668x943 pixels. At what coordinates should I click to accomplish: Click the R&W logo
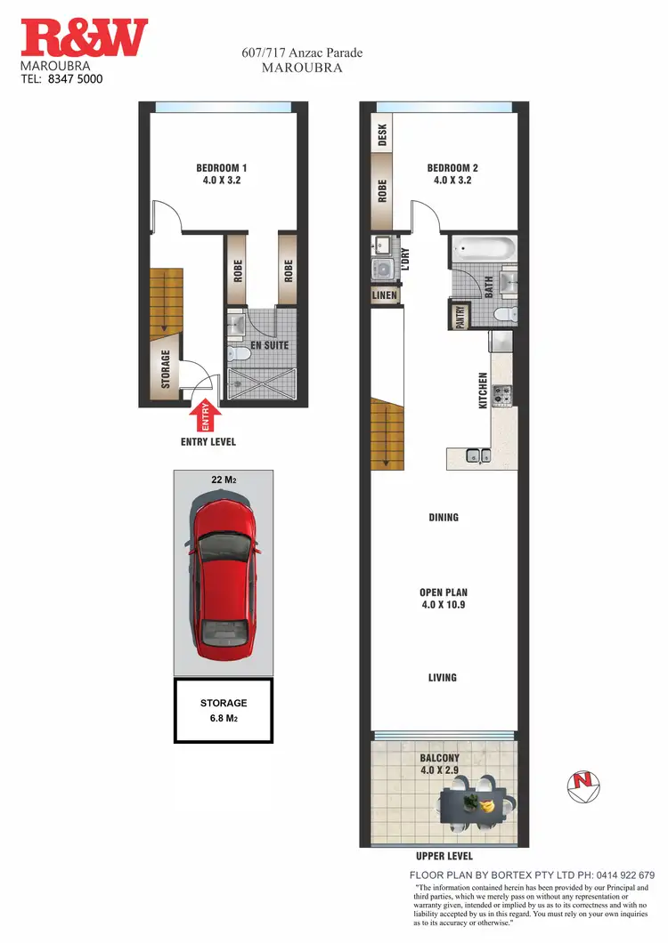(x=85, y=40)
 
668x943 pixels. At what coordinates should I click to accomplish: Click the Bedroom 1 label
(x=221, y=173)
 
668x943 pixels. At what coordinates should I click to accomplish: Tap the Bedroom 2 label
(x=452, y=173)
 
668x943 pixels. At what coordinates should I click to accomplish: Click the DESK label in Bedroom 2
(x=383, y=135)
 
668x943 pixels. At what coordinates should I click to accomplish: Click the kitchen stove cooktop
(x=501, y=393)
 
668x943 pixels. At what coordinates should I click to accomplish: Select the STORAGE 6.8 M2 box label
(x=223, y=711)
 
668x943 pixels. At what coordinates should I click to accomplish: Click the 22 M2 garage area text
(x=223, y=480)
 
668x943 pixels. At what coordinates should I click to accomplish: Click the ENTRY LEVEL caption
(x=208, y=441)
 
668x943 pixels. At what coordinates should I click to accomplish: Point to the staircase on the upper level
(x=386, y=432)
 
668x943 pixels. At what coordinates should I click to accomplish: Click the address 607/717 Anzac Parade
(x=302, y=52)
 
